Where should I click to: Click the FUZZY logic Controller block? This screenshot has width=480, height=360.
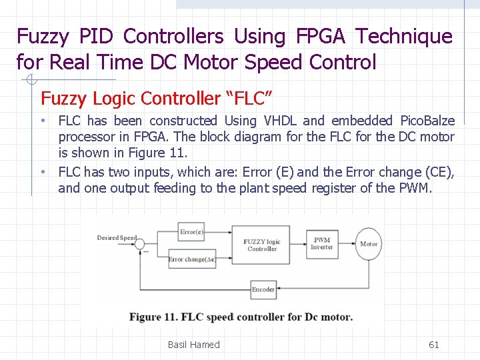click(x=262, y=245)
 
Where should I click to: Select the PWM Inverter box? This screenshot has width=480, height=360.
click(x=321, y=243)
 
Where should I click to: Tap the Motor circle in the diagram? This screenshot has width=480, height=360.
click(x=369, y=244)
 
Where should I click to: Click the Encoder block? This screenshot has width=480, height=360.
click(x=263, y=289)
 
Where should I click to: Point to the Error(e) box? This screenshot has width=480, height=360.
click(x=192, y=232)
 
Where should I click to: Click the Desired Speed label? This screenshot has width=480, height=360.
click(x=117, y=238)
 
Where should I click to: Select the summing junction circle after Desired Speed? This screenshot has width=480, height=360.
click(x=139, y=245)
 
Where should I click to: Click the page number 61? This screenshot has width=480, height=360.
click(x=433, y=345)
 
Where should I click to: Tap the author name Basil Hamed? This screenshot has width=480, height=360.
click(x=193, y=345)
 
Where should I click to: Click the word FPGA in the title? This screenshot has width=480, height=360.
click(x=315, y=36)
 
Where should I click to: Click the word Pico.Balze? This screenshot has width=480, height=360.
click(x=427, y=121)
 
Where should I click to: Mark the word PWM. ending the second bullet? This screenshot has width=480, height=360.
click(x=415, y=188)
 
